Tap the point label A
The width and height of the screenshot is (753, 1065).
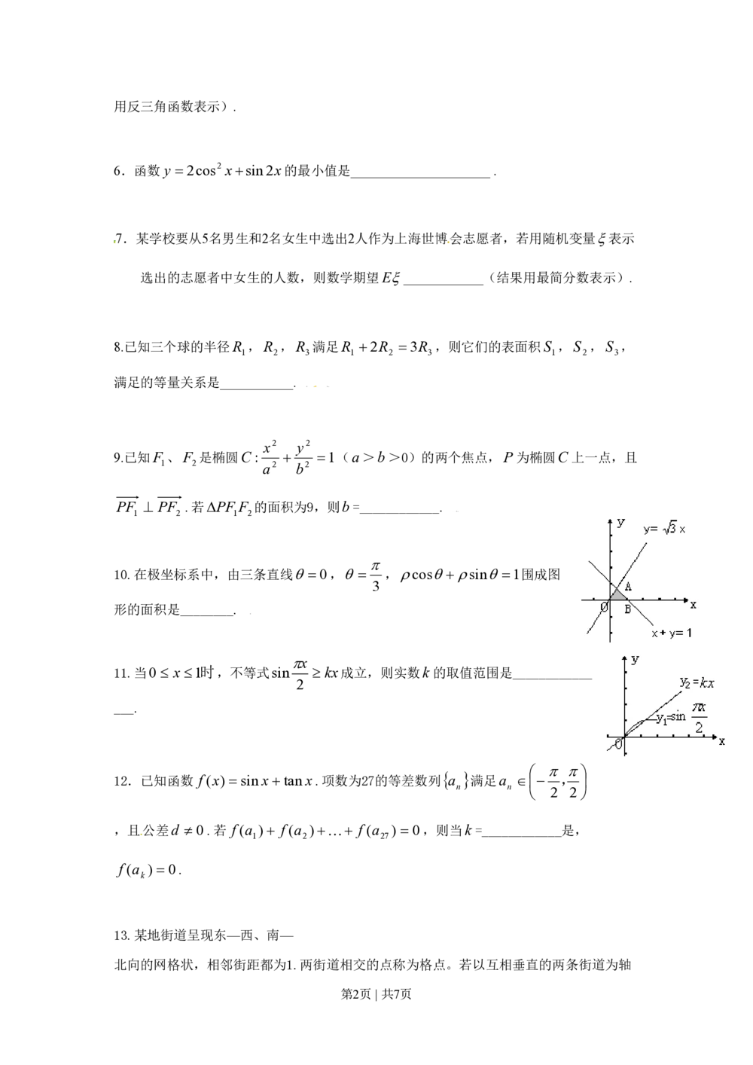628,587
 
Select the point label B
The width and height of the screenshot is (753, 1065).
627,609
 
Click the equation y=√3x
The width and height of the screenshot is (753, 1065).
664,529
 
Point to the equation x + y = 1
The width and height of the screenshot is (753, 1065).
671,633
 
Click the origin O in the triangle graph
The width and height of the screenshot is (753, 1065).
604,607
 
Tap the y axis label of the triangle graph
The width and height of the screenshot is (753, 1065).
620,522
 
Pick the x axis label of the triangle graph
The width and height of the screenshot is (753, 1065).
693,604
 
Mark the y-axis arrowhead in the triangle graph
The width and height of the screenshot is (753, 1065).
610,520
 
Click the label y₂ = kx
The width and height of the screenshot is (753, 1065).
697,683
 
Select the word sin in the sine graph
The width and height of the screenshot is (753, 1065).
678,716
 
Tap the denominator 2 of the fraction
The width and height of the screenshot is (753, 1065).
699,728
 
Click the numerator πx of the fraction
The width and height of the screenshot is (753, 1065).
699,707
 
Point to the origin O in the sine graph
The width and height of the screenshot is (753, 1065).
618,745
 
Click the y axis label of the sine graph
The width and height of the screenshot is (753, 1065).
636,659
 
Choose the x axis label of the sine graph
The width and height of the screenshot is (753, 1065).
721,741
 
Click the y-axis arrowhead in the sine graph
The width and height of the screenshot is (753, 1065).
625,658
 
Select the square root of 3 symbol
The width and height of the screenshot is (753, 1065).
669,529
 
